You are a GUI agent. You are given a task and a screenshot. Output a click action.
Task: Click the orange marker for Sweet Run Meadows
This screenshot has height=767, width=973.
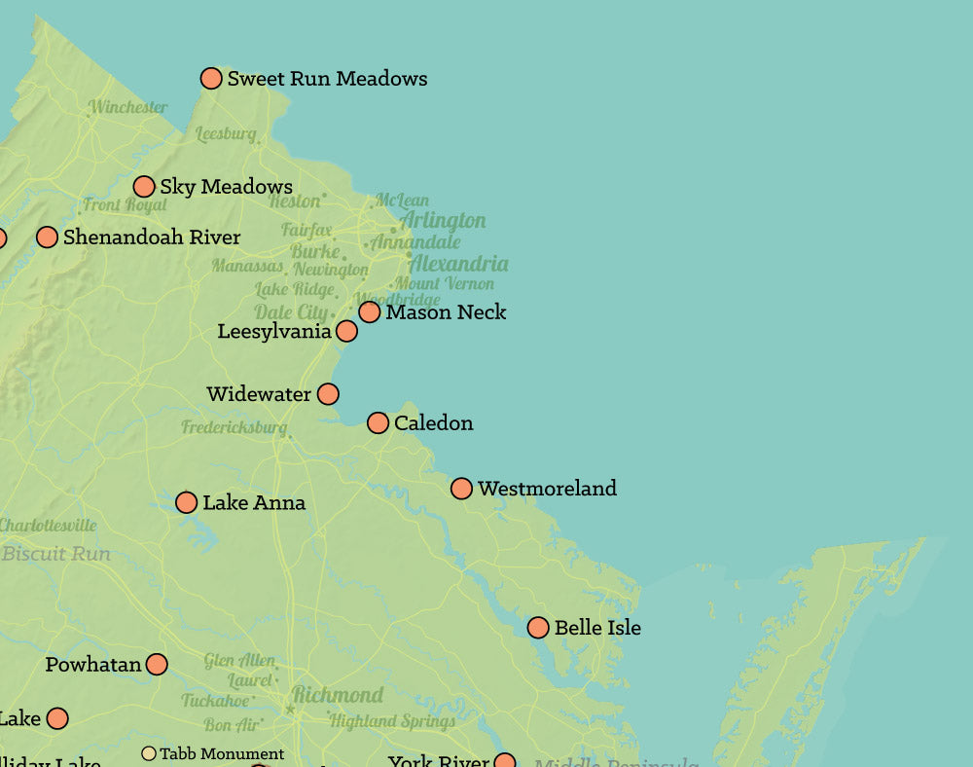[211, 79]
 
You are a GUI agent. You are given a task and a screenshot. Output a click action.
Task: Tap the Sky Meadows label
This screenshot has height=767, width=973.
[226, 187]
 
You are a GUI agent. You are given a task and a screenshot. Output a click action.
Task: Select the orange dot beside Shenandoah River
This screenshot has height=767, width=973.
[47, 237]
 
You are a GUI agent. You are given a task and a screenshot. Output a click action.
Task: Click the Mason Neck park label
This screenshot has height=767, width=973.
[446, 312]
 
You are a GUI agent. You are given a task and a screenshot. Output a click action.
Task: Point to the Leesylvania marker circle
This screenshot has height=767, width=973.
[346, 331]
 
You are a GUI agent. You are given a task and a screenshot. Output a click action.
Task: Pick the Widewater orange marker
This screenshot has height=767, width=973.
[328, 394]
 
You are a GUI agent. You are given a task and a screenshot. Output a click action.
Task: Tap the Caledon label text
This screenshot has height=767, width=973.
[433, 423]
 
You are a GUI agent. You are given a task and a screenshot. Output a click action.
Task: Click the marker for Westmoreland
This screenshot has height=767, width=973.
[461, 489]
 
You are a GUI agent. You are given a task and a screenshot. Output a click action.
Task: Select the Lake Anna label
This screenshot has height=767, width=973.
[253, 503]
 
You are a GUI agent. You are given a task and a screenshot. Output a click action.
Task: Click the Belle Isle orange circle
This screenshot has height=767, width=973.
[538, 628]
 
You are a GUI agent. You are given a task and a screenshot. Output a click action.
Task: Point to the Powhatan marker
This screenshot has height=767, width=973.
[157, 665]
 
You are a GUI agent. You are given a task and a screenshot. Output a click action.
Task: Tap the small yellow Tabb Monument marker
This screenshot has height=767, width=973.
[149, 753]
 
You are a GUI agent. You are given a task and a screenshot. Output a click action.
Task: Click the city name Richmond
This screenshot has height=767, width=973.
[338, 695]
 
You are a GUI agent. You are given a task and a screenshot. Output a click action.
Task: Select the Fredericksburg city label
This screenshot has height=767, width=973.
[234, 427]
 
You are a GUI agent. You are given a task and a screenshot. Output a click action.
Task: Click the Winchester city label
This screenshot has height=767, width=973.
[127, 107]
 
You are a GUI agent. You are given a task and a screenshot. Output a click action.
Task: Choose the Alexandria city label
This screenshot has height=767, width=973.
[457, 264]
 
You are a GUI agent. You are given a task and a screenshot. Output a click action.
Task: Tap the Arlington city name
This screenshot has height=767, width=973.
[443, 220]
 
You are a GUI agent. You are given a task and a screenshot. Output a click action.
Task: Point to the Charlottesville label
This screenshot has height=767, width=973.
[48, 526]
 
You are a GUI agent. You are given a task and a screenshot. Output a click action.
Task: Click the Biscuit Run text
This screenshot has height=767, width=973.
[55, 554]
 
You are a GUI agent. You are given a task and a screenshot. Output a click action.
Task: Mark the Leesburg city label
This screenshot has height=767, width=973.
[225, 134]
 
